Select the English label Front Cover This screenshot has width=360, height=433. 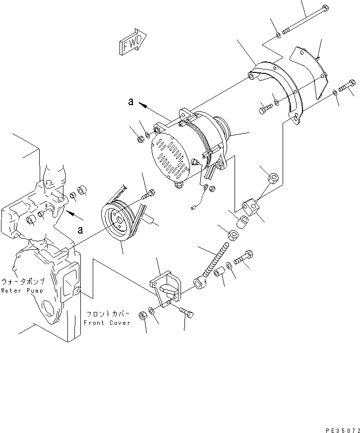107,322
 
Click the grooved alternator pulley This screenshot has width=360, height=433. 119,222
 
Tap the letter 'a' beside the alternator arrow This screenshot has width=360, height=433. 130,102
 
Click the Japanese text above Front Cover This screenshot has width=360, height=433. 108,314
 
